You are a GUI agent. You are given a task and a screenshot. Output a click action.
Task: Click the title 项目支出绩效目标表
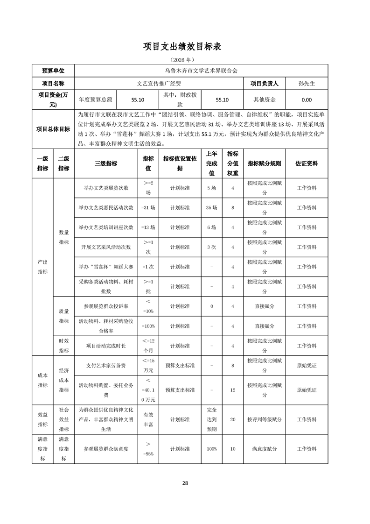click(x=185, y=46)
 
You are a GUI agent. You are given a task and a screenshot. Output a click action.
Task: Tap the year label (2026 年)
click(x=185, y=60)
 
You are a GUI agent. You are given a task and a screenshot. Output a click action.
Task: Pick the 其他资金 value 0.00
click(x=307, y=99)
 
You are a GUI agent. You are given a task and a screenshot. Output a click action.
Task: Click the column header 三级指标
click(x=106, y=163)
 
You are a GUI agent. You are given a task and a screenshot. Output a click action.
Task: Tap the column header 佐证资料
click(x=307, y=163)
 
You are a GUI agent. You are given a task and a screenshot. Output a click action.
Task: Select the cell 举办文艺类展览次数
click(x=106, y=188)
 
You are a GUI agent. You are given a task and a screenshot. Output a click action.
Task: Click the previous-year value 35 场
click(x=211, y=207)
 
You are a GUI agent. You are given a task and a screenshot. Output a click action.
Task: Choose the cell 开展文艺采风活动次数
click(x=106, y=247)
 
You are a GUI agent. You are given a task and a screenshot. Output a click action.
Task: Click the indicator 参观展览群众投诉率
click(x=106, y=306)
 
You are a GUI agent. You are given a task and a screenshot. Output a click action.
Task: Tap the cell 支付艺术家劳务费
click(x=106, y=365)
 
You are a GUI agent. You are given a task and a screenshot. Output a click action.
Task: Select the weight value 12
click(x=232, y=389)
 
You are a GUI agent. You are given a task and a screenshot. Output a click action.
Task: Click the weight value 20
click(x=232, y=419)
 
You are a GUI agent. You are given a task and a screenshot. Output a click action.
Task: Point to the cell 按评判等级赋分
click(x=264, y=419)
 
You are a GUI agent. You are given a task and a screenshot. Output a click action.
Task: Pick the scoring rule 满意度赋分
click(x=264, y=449)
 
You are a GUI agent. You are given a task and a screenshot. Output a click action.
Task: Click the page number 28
click(x=185, y=483)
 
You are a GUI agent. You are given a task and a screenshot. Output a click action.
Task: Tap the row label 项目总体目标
click(x=53, y=129)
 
